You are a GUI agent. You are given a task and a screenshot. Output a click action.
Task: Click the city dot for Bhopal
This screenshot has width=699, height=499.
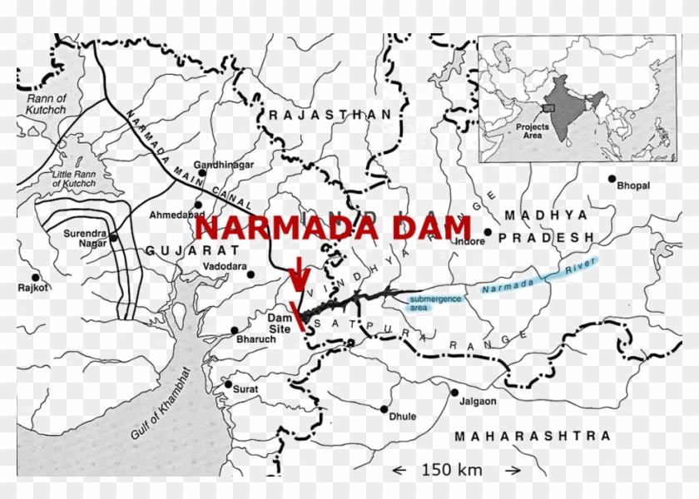click(x=612, y=179)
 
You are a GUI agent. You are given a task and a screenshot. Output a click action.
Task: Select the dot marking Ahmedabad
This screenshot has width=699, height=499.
click(x=198, y=205)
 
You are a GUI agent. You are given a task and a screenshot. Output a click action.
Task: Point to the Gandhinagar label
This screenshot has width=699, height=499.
click(x=223, y=165)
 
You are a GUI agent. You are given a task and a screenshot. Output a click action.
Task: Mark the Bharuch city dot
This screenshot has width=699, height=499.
click(x=235, y=330)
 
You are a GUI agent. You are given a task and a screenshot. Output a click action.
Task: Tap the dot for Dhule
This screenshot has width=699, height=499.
click(x=384, y=408)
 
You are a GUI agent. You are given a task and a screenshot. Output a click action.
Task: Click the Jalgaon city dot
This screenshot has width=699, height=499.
click(x=454, y=392)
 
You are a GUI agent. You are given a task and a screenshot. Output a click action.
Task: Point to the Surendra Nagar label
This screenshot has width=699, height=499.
click(x=86, y=239)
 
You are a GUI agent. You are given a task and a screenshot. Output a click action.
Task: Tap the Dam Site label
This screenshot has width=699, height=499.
click(x=278, y=324)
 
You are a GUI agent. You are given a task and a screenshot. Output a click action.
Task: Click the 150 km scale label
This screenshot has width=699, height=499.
click(x=452, y=470)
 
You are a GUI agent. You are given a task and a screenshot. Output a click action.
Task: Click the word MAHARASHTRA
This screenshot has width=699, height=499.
click(x=533, y=436)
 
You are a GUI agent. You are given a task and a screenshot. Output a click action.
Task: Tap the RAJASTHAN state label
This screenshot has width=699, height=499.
click(x=330, y=115)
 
